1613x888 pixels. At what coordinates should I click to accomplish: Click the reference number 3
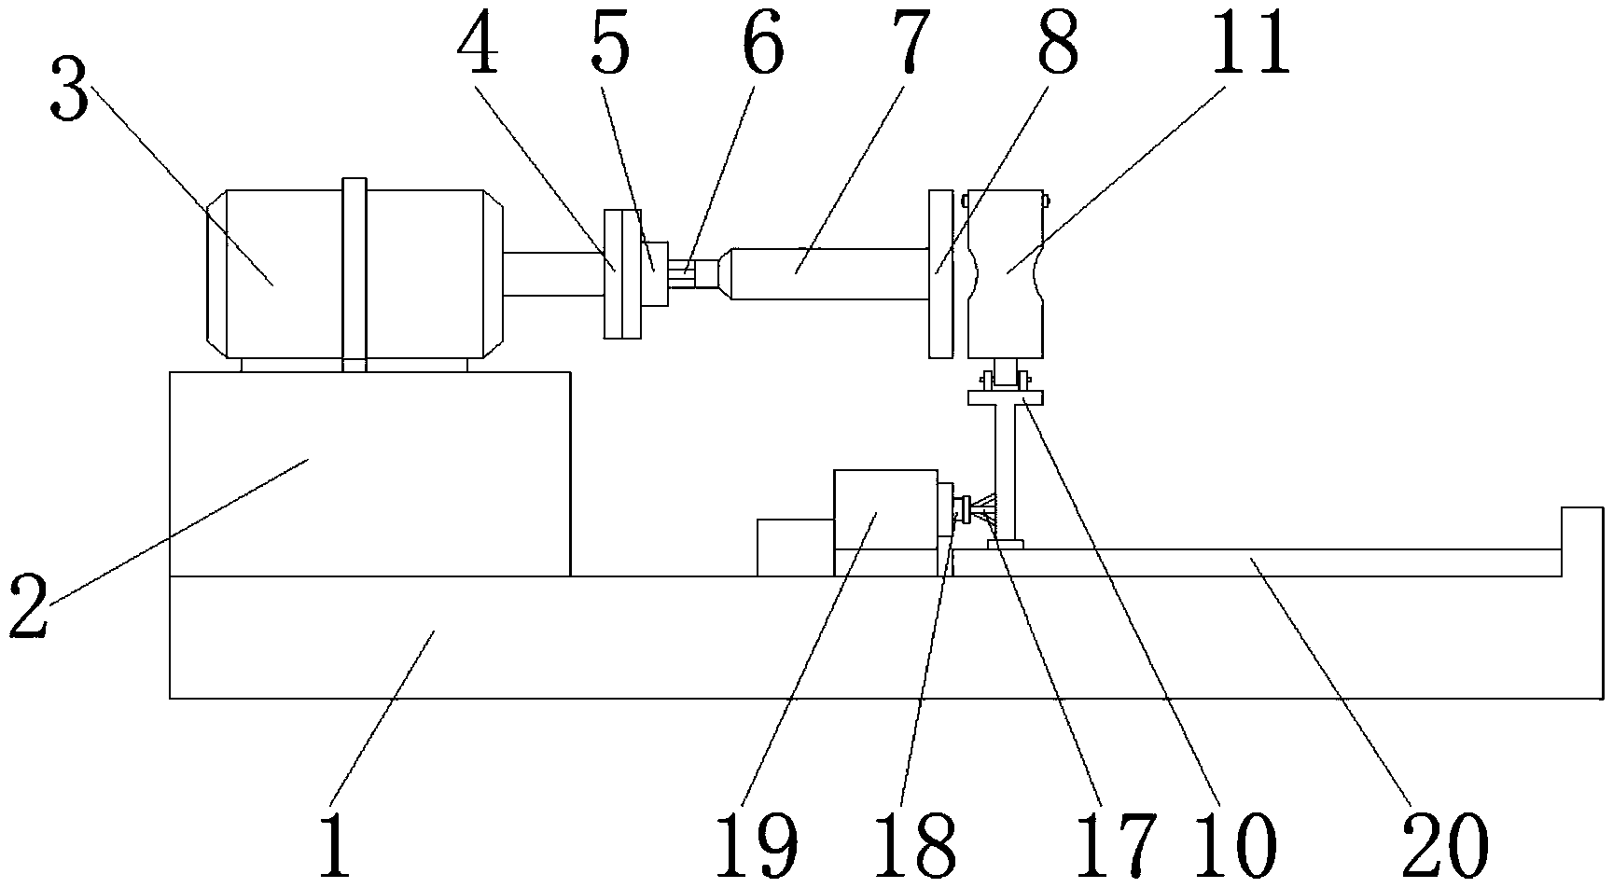tap(70, 93)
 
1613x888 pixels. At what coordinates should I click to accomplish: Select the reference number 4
tap(478, 47)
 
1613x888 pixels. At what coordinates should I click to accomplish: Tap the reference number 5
tap(611, 47)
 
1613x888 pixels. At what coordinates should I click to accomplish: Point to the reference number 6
tap(762, 47)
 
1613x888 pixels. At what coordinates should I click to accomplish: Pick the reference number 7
tap(908, 47)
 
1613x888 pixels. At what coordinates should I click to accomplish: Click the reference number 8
tap(1057, 47)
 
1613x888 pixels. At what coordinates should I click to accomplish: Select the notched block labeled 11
tap(1005, 273)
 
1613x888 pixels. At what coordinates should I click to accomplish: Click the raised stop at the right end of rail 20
tap(1582, 541)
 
